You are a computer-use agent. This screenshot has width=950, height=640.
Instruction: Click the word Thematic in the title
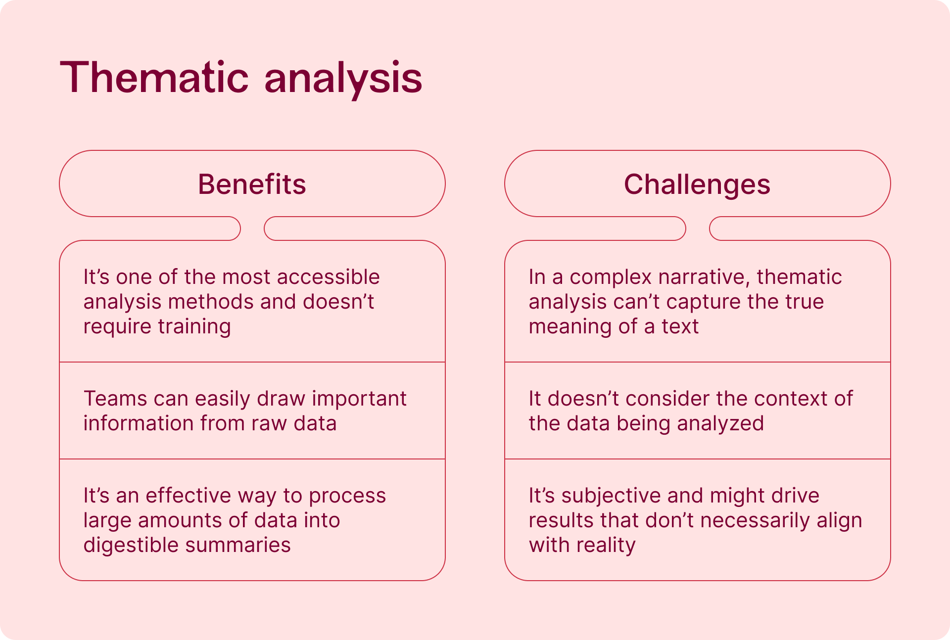[x=154, y=77]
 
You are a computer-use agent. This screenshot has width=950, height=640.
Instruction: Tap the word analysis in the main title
[x=343, y=80]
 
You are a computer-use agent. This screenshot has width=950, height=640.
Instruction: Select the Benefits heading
[x=252, y=184]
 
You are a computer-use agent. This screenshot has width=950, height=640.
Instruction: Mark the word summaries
[x=238, y=546]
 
